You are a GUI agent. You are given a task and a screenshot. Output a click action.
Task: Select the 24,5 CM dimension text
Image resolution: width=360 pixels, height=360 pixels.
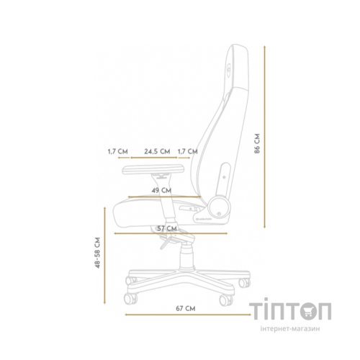[157, 152]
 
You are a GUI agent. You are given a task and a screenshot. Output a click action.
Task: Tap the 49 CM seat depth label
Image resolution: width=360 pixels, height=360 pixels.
[161, 190]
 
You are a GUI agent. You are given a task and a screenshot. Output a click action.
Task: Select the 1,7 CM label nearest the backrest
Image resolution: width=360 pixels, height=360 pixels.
[186, 152]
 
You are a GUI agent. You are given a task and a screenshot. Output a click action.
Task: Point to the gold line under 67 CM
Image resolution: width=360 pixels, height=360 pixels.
[185, 315]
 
